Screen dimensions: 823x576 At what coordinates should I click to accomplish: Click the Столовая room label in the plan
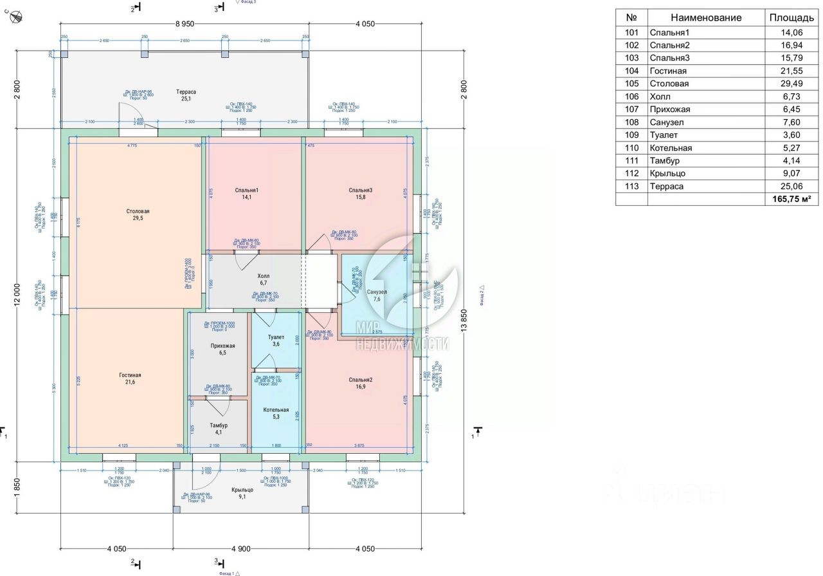point(138,211)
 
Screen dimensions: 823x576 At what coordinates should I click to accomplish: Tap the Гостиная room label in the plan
point(130,375)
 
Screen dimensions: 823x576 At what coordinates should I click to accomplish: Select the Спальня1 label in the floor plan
point(247,190)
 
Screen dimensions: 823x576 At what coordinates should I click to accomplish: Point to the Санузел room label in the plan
point(377,292)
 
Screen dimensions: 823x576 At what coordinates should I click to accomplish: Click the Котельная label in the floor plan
point(276,410)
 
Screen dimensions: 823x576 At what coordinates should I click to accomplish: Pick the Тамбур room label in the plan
point(219,425)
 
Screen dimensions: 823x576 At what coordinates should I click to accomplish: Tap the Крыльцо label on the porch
point(242,490)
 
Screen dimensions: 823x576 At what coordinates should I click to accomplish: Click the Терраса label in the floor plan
point(186,92)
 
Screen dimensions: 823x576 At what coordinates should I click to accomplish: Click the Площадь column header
point(791,18)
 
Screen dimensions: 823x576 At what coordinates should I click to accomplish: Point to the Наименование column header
point(706,18)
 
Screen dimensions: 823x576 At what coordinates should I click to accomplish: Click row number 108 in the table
point(632,122)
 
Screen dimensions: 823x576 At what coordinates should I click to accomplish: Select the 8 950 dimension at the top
point(185,23)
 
